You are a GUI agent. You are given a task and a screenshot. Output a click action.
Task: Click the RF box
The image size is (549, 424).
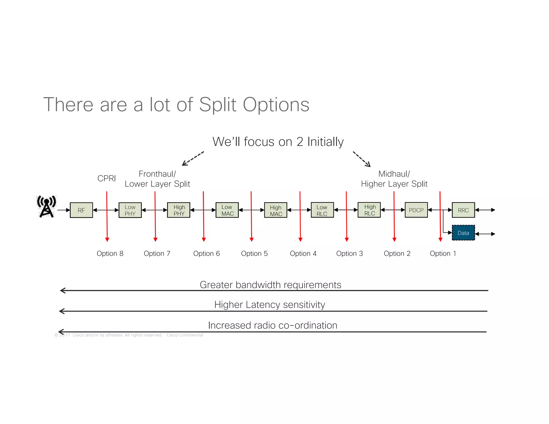tap(81, 210)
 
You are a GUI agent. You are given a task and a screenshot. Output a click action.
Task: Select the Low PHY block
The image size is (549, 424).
tap(130, 210)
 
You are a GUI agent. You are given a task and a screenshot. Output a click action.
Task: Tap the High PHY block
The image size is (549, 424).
tap(179, 210)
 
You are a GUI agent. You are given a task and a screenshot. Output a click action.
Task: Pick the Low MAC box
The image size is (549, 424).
tap(227, 210)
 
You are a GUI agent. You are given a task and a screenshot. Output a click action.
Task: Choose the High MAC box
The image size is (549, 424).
tap(276, 210)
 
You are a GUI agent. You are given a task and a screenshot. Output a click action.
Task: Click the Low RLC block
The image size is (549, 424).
tap(322, 210)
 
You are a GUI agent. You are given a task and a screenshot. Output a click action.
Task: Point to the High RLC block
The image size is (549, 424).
tap(369, 210)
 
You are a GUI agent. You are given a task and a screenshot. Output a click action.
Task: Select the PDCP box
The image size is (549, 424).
tap(416, 210)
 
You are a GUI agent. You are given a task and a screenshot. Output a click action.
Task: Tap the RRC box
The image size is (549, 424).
tap(463, 210)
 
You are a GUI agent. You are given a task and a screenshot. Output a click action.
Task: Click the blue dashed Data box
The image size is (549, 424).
tap(463, 233)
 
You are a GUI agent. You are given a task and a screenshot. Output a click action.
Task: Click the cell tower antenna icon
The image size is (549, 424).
tap(46, 206)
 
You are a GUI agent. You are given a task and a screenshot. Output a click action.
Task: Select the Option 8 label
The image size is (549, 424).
tap(110, 254)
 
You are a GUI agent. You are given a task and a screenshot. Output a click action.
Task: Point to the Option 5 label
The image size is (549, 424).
tap(254, 254)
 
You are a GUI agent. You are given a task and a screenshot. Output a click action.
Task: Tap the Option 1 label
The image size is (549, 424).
tap(443, 254)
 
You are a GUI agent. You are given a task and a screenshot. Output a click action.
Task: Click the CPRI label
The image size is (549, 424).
tap(106, 178)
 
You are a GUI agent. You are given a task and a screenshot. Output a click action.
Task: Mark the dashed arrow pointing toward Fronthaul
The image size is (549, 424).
tap(193, 158)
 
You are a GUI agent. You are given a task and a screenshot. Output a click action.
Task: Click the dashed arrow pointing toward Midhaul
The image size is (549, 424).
tap(362, 159)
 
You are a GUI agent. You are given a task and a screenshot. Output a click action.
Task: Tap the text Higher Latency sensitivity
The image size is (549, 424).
tap(269, 305)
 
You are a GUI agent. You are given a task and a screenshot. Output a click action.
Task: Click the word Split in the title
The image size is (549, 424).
tap(218, 105)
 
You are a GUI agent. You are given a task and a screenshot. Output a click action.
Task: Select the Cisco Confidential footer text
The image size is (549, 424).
tap(185, 335)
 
